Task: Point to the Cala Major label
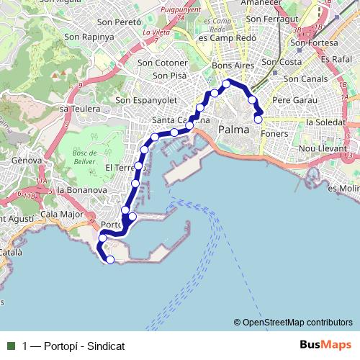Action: [61, 214]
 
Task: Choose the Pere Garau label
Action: [291, 101]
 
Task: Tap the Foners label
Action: [276, 134]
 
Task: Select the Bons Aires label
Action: [230, 66]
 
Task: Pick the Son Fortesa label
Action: [310, 43]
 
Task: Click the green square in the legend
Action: [11, 345]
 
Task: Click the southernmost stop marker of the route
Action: [110, 259]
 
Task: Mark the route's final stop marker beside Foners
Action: [258, 120]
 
